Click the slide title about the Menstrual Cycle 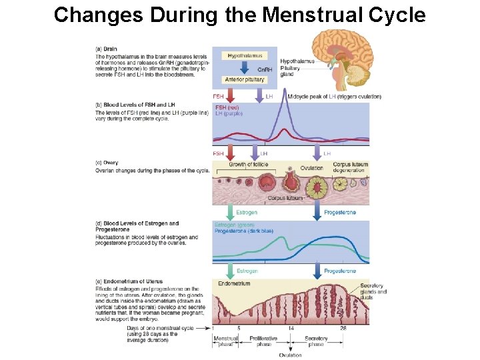tap(239, 15)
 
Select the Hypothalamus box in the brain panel tap(245, 56)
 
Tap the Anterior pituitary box tap(245, 79)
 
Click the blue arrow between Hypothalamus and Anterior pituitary tap(245, 67)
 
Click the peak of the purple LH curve tap(287, 93)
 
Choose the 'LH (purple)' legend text tap(229, 113)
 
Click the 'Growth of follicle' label tap(248, 164)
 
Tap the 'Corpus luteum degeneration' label tap(350, 167)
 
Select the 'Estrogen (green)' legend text tap(234, 225)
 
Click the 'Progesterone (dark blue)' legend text tap(244, 231)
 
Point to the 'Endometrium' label tap(234, 283)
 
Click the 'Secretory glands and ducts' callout tap(373, 291)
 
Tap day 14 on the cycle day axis tap(291, 328)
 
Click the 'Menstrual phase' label tap(225, 341)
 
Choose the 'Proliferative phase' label tap(263, 341)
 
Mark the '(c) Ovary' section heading tap(107, 162)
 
